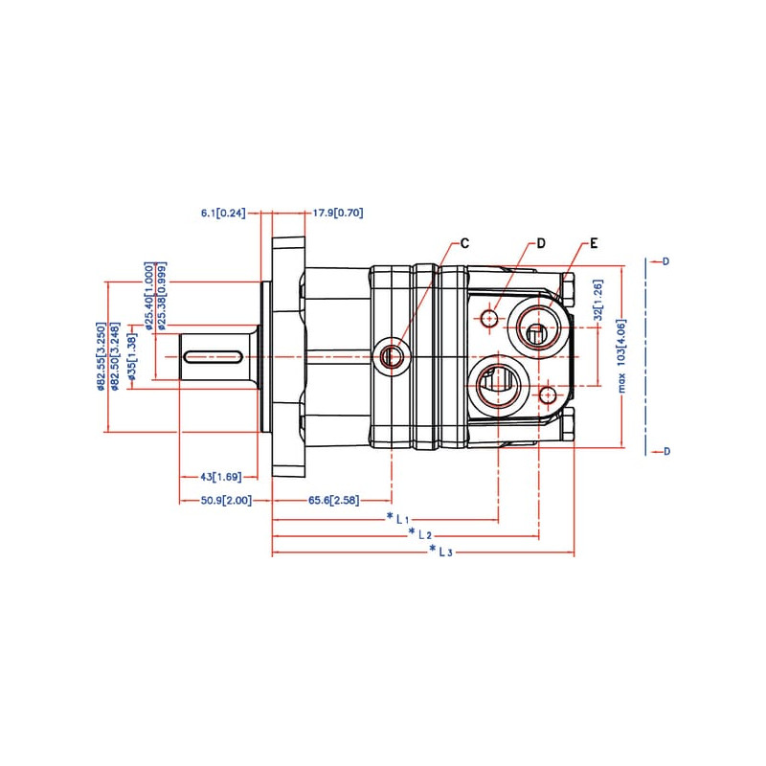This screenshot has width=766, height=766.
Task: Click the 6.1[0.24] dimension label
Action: click(223, 213)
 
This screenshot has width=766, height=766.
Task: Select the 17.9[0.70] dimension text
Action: click(338, 213)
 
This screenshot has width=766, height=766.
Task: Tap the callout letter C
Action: click(464, 243)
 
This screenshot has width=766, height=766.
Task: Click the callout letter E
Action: click(594, 243)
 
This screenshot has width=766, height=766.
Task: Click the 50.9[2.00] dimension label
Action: click(226, 501)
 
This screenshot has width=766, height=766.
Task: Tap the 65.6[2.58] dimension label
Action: click(333, 501)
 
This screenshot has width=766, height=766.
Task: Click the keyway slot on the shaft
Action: click(212, 356)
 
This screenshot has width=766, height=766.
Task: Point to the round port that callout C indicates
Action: click(392, 357)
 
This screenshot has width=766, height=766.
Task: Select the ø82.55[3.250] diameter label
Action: click(100, 356)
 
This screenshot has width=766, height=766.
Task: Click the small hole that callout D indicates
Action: click(490, 317)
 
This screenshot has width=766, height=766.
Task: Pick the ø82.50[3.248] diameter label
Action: click(115, 356)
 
